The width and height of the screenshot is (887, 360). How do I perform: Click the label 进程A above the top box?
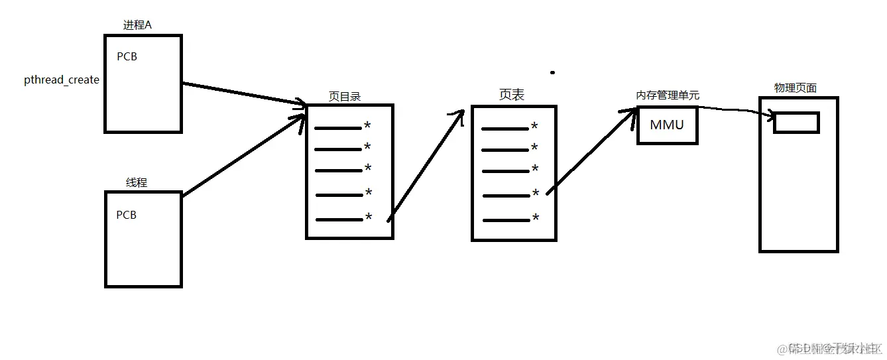[137, 25]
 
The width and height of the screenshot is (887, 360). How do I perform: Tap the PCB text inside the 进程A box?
[127, 57]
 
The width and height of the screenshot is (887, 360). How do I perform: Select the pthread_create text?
[62, 80]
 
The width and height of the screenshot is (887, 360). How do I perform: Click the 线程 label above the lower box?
[137, 182]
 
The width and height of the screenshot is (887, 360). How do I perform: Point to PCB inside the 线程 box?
[126, 215]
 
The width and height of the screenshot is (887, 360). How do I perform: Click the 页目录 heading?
[345, 97]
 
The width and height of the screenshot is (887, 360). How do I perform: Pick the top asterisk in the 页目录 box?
[367, 127]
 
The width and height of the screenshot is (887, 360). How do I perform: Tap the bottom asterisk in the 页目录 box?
[369, 218]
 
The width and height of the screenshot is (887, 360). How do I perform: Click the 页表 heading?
[511, 95]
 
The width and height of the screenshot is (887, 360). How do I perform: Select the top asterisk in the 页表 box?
[534, 127]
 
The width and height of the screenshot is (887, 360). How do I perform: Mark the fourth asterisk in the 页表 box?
[536, 194]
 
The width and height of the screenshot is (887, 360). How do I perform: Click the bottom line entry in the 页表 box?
[505, 219]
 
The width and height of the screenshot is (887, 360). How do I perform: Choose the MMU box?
[667, 125]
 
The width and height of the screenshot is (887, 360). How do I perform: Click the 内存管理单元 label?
[668, 95]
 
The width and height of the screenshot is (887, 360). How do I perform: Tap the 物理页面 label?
[796, 88]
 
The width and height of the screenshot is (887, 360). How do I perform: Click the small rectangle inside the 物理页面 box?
[796, 122]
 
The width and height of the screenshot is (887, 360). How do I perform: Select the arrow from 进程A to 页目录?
[242, 93]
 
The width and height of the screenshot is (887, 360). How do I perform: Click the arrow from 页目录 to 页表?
[424, 166]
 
